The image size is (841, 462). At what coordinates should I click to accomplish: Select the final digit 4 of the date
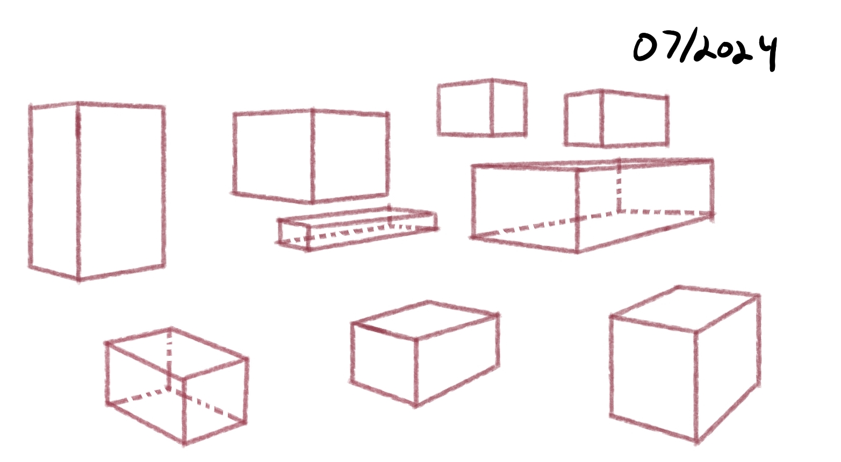(768, 53)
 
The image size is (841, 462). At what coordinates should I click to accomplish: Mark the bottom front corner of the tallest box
(78, 279)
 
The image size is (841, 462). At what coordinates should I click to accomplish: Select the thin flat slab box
(357, 228)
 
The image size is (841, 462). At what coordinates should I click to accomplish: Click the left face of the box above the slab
(272, 156)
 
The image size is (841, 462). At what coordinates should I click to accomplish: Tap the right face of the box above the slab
(350, 156)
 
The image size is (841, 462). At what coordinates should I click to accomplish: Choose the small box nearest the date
(616, 118)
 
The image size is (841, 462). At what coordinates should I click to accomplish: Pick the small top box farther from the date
(482, 108)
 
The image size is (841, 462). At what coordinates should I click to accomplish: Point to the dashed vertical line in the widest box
(619, 186)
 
